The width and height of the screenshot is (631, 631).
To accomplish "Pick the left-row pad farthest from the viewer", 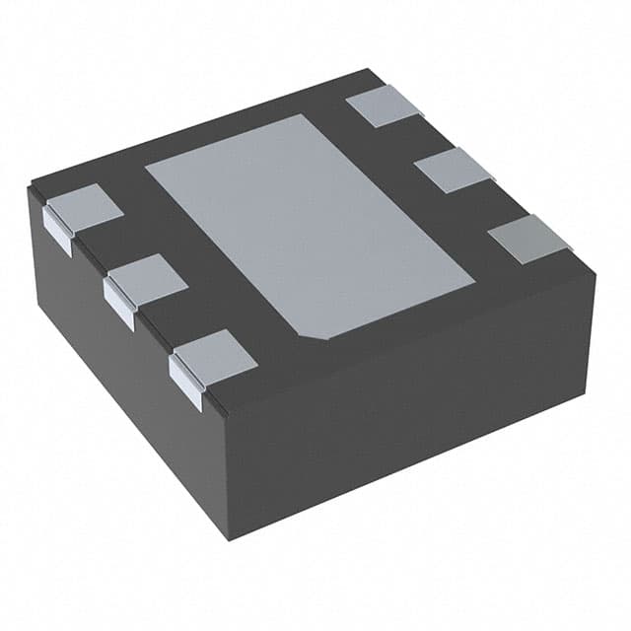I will (85, 210).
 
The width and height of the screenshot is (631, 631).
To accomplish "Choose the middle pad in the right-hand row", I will (454, 171).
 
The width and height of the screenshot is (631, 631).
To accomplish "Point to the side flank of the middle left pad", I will (118, 306).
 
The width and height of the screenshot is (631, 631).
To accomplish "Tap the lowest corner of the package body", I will (229, 539).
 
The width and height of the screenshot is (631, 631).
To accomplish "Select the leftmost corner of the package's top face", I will (31, 184).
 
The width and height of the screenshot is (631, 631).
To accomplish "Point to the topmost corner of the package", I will (370, 69).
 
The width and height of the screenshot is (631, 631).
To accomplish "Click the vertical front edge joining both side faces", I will (226, 473).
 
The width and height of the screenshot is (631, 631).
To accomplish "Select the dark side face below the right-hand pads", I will (414, 414).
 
